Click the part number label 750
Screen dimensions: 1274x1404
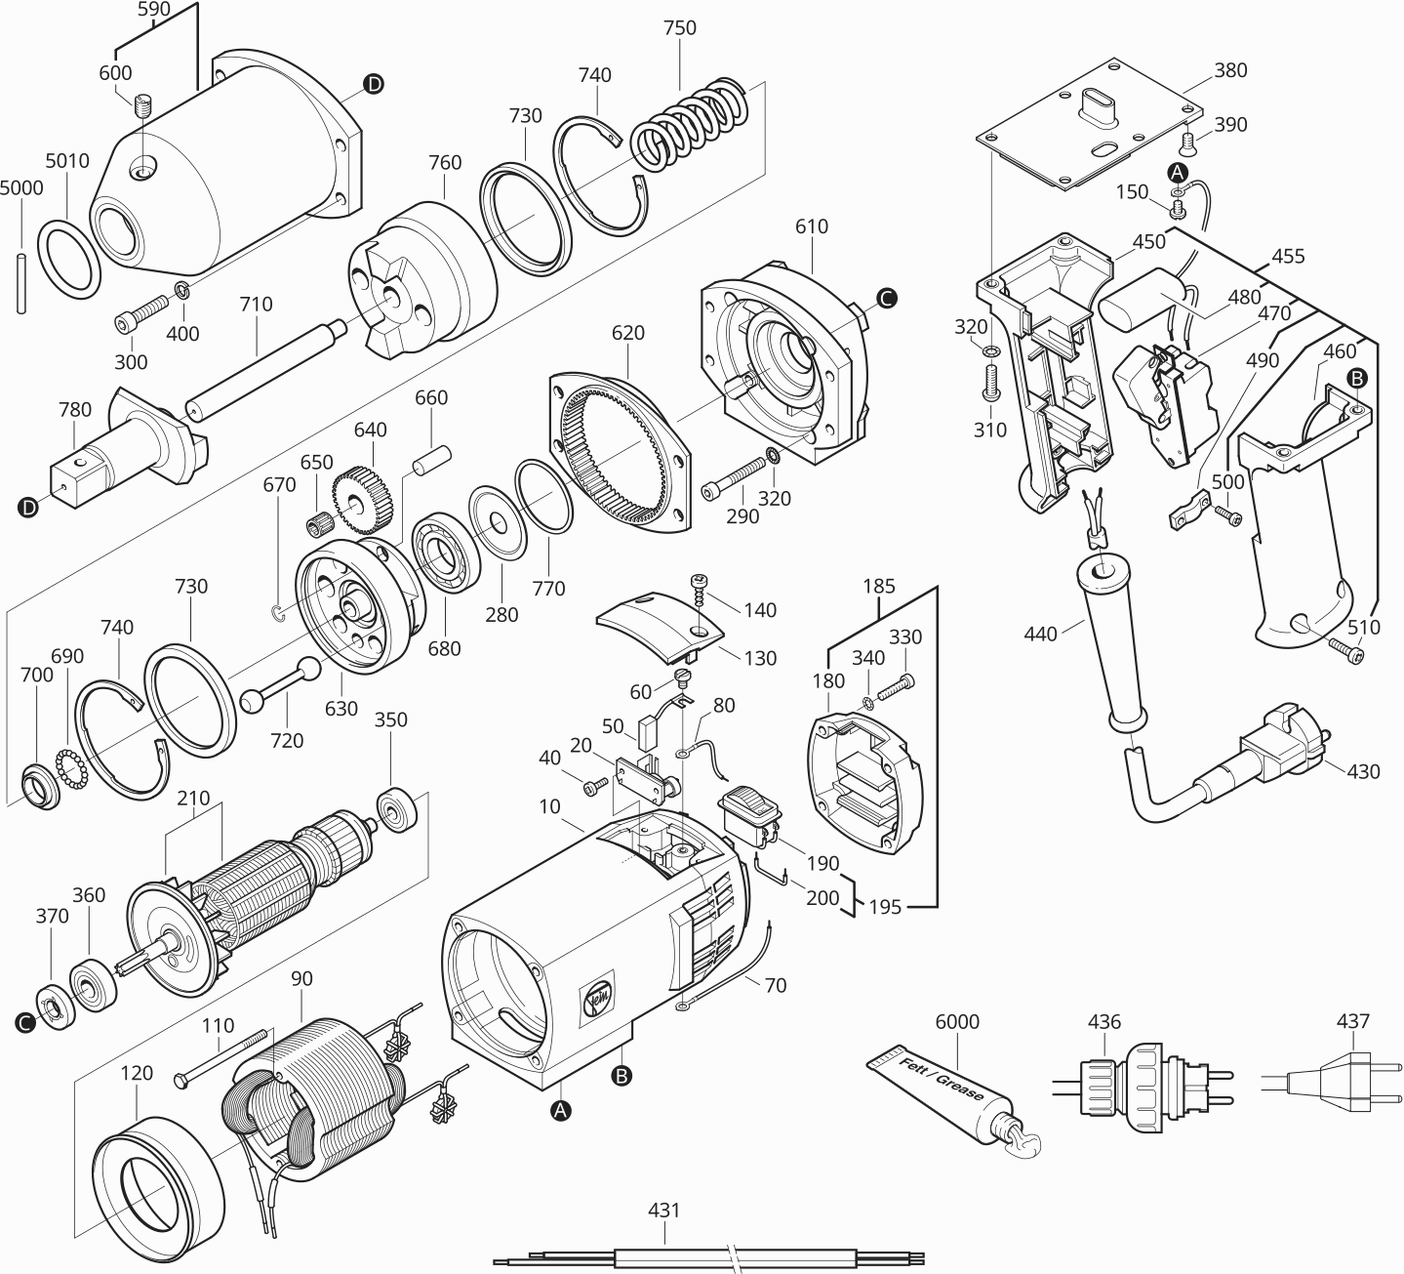(680, 28)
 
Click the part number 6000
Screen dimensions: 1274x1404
(956, 1022)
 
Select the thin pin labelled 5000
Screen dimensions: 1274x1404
(20, 283)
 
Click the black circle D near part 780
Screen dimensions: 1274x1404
(28, 507)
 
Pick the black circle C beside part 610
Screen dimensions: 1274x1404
(886, 299)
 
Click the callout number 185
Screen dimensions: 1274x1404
(879, 587)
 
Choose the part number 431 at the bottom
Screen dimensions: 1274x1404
(664, 1211)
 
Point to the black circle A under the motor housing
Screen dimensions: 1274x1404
(560, 1110)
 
